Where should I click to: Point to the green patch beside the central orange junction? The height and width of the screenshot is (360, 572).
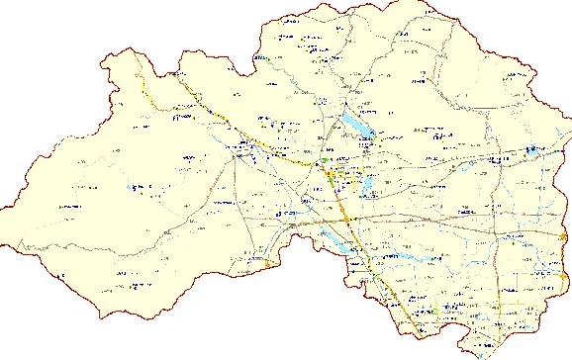point(327,160)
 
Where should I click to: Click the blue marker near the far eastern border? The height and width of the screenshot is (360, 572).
point(531,149)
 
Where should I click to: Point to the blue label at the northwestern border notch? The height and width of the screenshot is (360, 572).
point(260,59)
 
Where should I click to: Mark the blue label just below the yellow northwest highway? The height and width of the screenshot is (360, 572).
point(181,118)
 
